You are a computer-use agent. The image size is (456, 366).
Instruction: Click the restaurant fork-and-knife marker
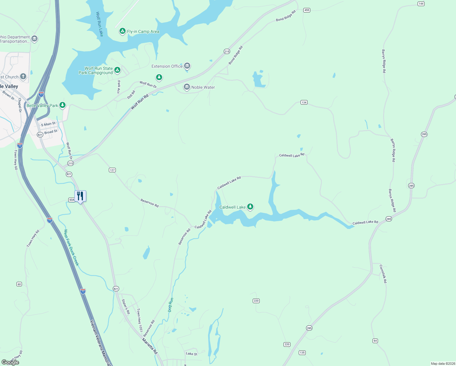click(80, 196)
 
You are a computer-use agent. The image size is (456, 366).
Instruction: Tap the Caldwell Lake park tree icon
click(250, 207)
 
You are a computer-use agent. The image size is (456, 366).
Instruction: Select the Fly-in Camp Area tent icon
click(122, 31)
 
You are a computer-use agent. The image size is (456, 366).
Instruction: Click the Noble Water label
click(203, 87)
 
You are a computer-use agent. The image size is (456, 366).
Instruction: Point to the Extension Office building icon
click(187, 66)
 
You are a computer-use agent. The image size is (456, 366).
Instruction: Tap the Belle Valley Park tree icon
click(62, 105)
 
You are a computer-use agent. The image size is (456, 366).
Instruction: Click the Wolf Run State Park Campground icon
click(117, 70)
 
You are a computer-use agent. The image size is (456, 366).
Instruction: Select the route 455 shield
click(307, 10)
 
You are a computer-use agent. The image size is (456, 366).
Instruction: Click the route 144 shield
click(421, 4)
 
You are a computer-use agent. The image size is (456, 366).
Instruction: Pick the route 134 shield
click(304, 102)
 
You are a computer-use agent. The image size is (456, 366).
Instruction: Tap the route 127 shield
click(112, 170)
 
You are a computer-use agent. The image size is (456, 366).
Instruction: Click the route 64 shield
click(375, 341)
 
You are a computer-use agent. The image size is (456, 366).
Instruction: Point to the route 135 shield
click(302, 353)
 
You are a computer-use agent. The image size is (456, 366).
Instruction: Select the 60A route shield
click(72, 200)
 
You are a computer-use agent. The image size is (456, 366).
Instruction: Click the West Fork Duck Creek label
click(71, 247)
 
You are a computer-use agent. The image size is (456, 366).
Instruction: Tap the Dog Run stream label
click(171, 305)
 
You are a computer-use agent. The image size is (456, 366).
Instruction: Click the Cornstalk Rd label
click(383, 274)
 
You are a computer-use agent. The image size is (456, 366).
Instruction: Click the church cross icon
click(23, 77)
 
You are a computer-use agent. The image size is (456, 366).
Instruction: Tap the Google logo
click(10, 362)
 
